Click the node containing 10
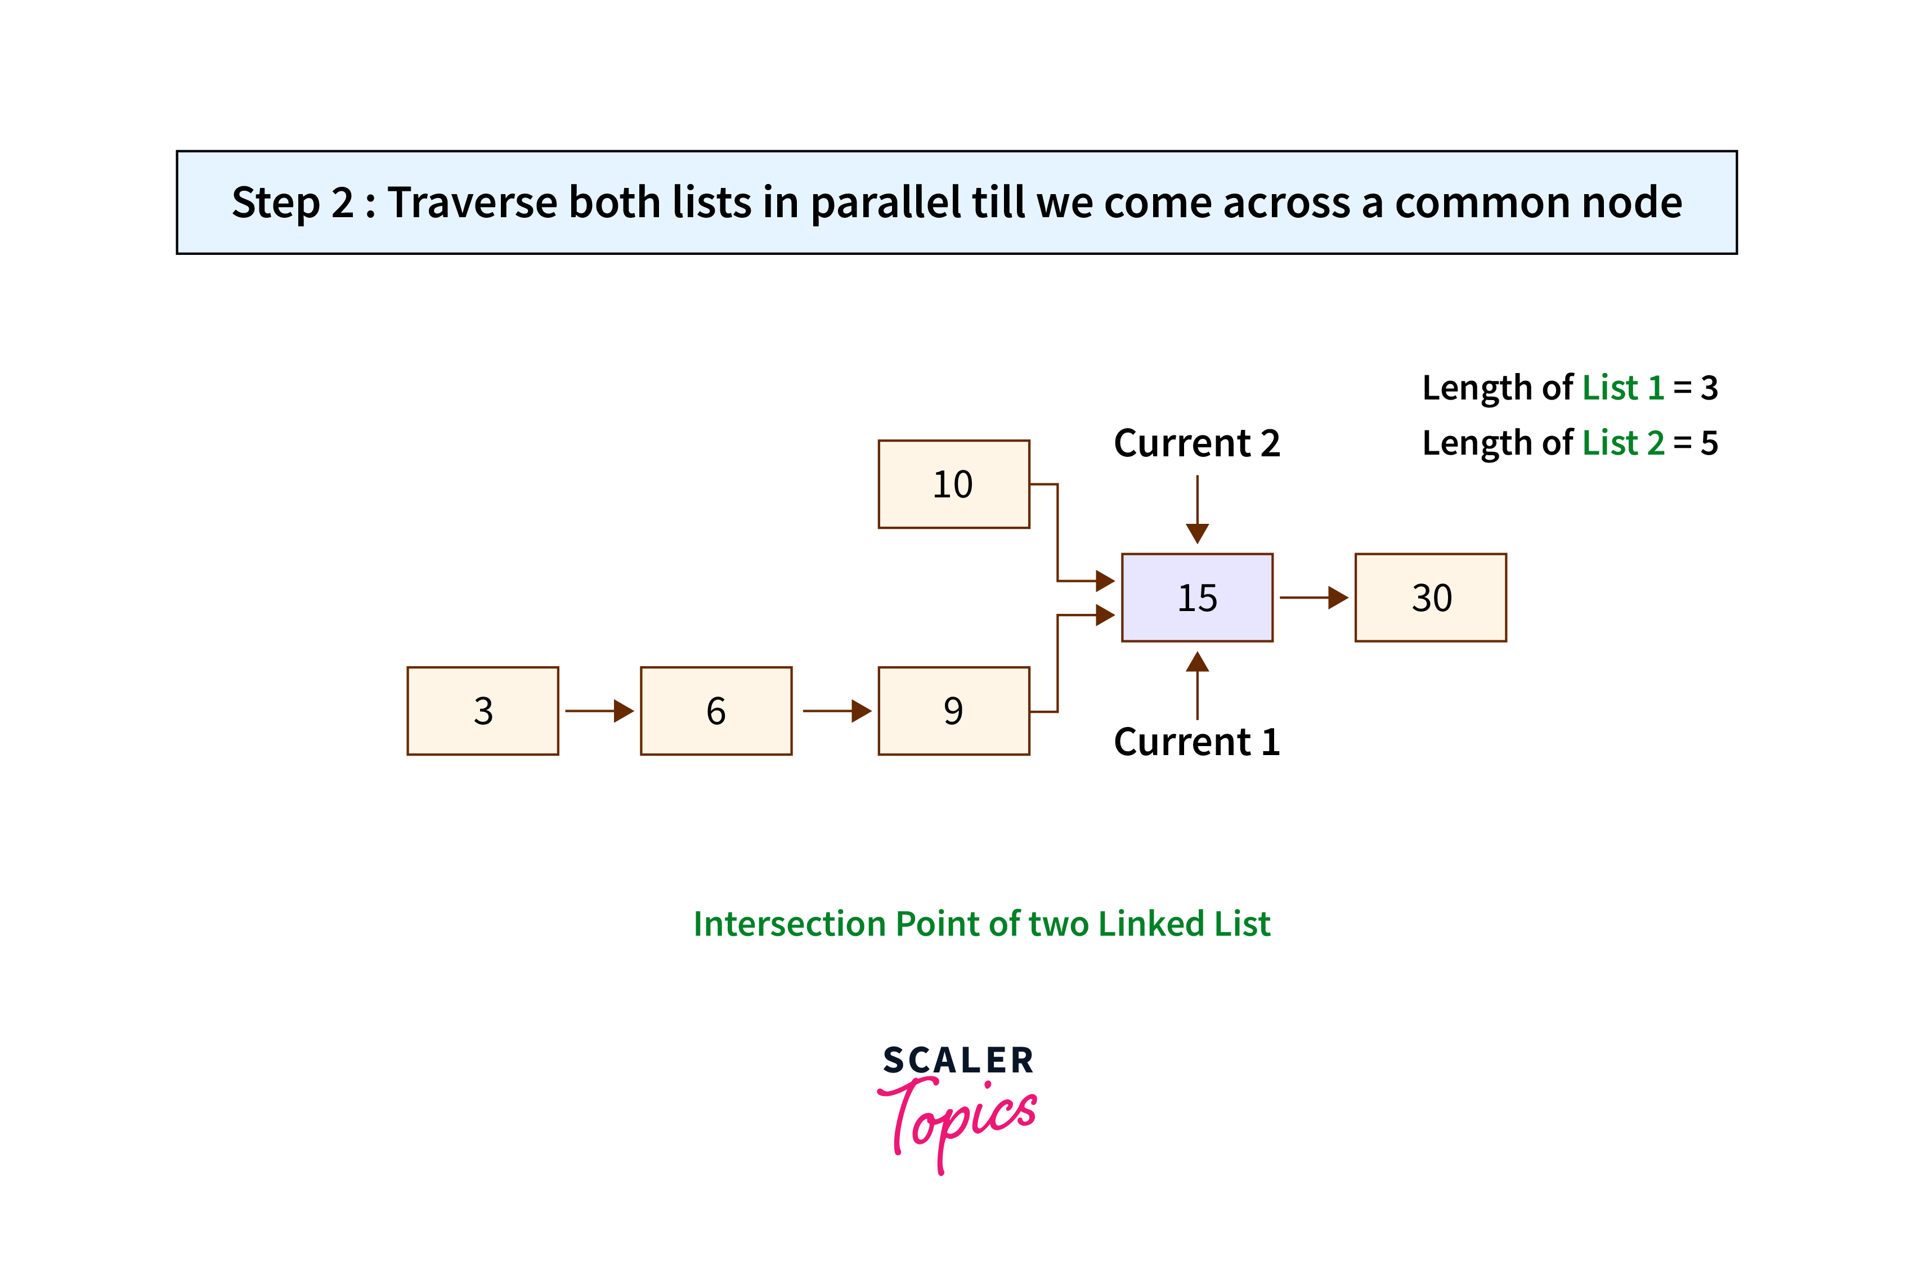coord(953,484)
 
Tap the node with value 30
coord(1430,598)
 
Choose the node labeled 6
coord(716,711)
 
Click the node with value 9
coord(953,711)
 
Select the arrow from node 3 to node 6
coord(599,711)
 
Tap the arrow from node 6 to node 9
coord(837,711)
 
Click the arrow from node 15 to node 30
coord(1314,598)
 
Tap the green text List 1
coord(1622,387)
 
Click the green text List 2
coord(1622,443)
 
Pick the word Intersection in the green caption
coord(790,924)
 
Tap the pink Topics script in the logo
coord(957,1124)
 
